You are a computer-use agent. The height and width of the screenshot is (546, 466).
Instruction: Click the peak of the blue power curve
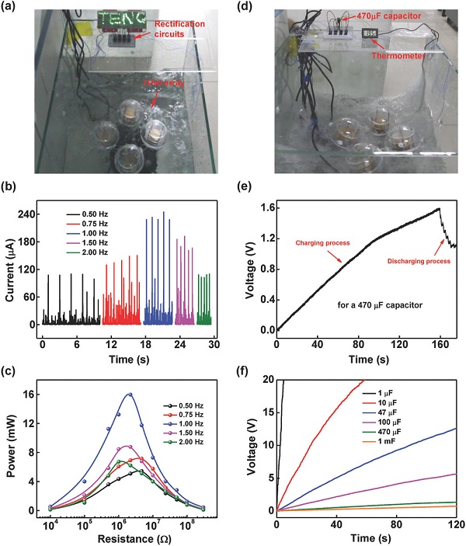[129, 394]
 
